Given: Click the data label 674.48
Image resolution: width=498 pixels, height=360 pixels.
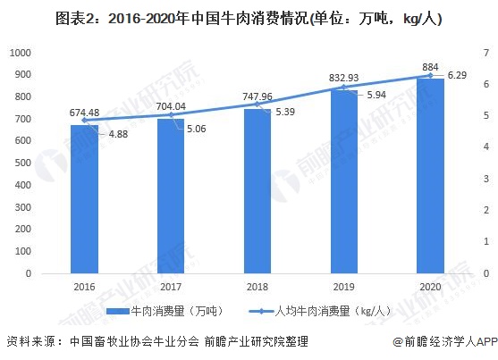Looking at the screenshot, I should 85,113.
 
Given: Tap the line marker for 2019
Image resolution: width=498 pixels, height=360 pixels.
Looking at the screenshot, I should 344,88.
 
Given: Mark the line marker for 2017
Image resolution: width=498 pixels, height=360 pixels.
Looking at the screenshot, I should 171,114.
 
